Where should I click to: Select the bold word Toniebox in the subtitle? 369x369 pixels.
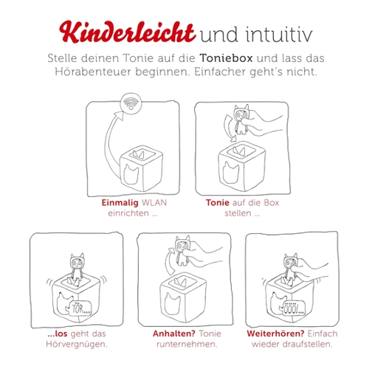(x=226, y=58)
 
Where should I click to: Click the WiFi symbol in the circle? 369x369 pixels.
(x=131, y=103)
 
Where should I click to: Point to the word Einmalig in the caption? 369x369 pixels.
(x=120, y=203)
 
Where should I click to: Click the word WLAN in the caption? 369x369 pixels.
(x=154, y=203)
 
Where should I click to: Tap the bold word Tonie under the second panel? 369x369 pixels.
(x=218, y=203)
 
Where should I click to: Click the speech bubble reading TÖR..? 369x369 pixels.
(x=80, y=308)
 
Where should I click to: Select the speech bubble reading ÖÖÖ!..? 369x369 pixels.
(x=293, y=308)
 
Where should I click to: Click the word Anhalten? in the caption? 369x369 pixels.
(x=174, y=334)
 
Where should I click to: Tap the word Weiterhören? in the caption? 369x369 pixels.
(x=276, y=334)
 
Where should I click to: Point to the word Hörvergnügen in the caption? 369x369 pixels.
(x=76, y=345)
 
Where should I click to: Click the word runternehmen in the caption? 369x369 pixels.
(x=186, y=345)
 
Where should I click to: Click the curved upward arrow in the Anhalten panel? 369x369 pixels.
(x=168, y=261)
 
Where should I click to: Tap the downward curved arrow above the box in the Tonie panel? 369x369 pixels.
(x=227, y=128)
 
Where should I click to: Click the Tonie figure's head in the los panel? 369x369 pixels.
(x=77, y=262)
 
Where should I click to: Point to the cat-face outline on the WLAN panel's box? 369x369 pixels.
(x=131, y=173)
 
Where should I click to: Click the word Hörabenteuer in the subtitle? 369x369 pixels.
(x=93, y=72)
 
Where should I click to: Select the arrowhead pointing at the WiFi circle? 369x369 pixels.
(x=120, y=115)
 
